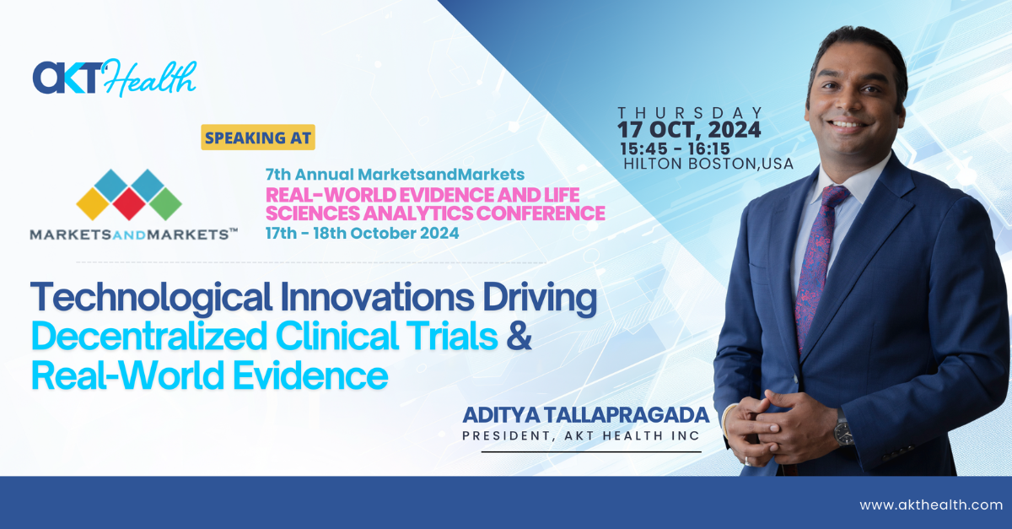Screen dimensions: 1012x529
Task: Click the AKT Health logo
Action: pyautogui.click(x=115, y=78)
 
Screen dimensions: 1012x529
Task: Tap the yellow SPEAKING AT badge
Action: pyautogui.click(x=258, y=138)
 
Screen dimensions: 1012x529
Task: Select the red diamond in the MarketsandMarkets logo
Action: pyautogui.click(x=129, y=204)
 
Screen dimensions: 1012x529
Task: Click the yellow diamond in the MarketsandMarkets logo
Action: pyautogui.click(x=93, y=204)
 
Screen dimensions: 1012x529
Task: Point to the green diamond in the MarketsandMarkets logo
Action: pyautogui.click(x=165, y=204)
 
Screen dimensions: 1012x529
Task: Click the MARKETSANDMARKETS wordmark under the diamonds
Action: pyautogui.click(x=134, y=235)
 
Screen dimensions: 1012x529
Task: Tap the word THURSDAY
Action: pyautogui.click(x=690, y=112)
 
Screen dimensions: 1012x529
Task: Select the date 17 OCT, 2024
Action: pyautogui.click(x=689, y=130)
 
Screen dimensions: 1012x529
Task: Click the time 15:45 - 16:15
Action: pyautogui.click(x=675, y=148)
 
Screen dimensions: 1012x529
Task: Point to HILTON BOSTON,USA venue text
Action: pyautogui.click(x=708, y=164)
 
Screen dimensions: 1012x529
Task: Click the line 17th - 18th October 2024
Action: pyautogui.click(x=362, y=234)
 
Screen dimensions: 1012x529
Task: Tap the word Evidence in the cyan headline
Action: pyautogui.click(x=310, y=375)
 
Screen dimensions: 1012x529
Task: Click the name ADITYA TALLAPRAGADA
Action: pyautogui.click(x=585, y=415)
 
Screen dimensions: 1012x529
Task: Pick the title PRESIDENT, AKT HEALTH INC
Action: pyautogui.click(x=581, y=436)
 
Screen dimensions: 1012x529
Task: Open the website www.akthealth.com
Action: pyautogui.click(x=931, y=505)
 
